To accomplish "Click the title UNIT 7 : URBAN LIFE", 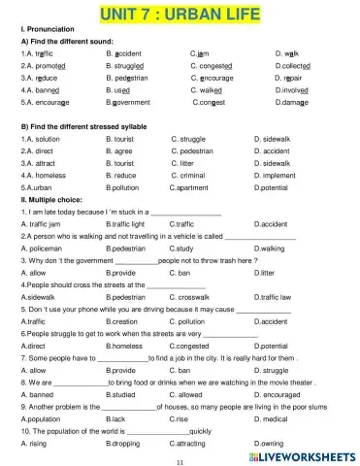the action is [179, 14].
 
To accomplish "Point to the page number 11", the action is [180, 461].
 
